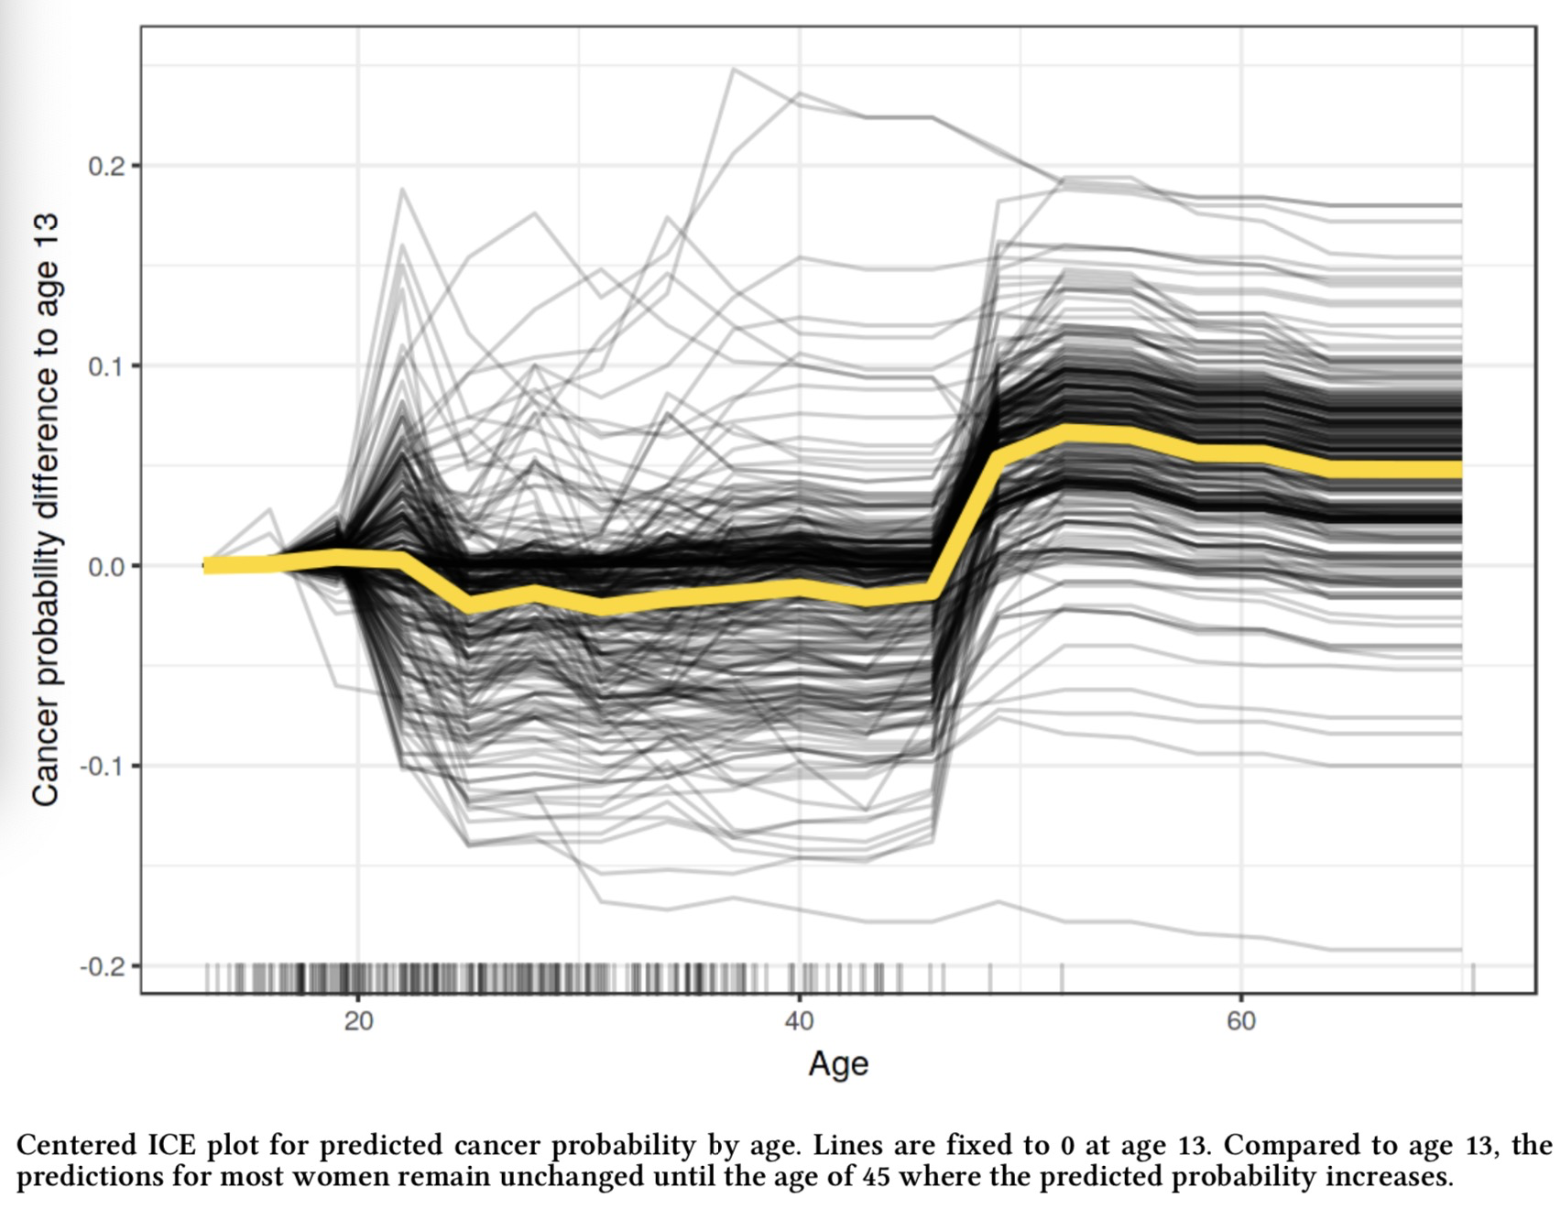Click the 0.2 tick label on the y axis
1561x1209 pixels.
point(106,167)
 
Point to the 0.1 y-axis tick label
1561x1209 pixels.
point(106,366)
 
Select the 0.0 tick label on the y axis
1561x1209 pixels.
point(106,567)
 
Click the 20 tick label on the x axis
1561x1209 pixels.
point(359,1021)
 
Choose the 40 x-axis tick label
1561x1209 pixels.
point(800,1021)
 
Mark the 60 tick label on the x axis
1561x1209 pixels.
point(1241,1021)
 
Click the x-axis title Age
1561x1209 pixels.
point(838,1064)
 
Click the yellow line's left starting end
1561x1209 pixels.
point(207,565)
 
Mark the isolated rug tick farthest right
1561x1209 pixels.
point(1473,977)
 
